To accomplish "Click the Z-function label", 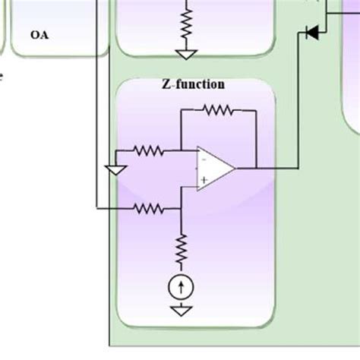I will (x=194, y=84).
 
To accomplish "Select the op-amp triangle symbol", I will (x=214, y=168).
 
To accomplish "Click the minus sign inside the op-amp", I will (x=204, y=159).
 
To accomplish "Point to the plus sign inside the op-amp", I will (x=204, y=178).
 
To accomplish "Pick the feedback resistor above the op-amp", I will (x=219, y=111).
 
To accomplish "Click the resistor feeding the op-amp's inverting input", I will (x=149, y=150).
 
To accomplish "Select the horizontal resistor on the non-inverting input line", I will (x=149, y=207).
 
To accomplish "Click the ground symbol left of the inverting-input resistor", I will (x=115, y=169).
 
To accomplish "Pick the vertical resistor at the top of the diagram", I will (x=185, y=23).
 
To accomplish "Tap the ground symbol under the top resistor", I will (x=185, y=53).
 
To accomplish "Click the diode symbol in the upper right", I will (x=311, y=33).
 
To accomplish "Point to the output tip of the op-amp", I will (x=235, y=168).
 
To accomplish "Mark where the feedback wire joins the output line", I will (x=257, y=168).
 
